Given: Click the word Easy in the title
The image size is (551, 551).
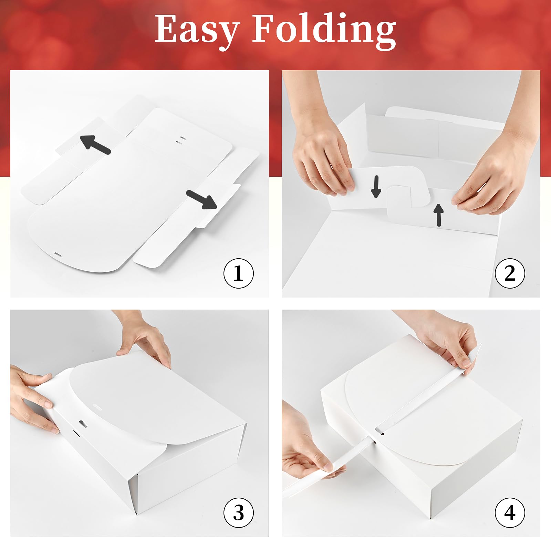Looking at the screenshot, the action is tap(197, 30).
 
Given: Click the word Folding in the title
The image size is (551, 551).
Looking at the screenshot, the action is tap(324, 30).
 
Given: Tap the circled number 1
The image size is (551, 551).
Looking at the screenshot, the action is tap(239, 273).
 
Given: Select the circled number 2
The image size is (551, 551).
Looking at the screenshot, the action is tap(510, 273).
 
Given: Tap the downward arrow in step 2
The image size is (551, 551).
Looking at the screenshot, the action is tap(376, 187).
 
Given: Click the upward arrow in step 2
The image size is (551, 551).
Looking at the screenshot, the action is tap(439, 215).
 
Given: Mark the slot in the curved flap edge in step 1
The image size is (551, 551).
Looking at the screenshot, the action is tap(57, 255).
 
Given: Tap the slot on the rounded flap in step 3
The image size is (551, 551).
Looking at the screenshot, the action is tap(97, 408).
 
